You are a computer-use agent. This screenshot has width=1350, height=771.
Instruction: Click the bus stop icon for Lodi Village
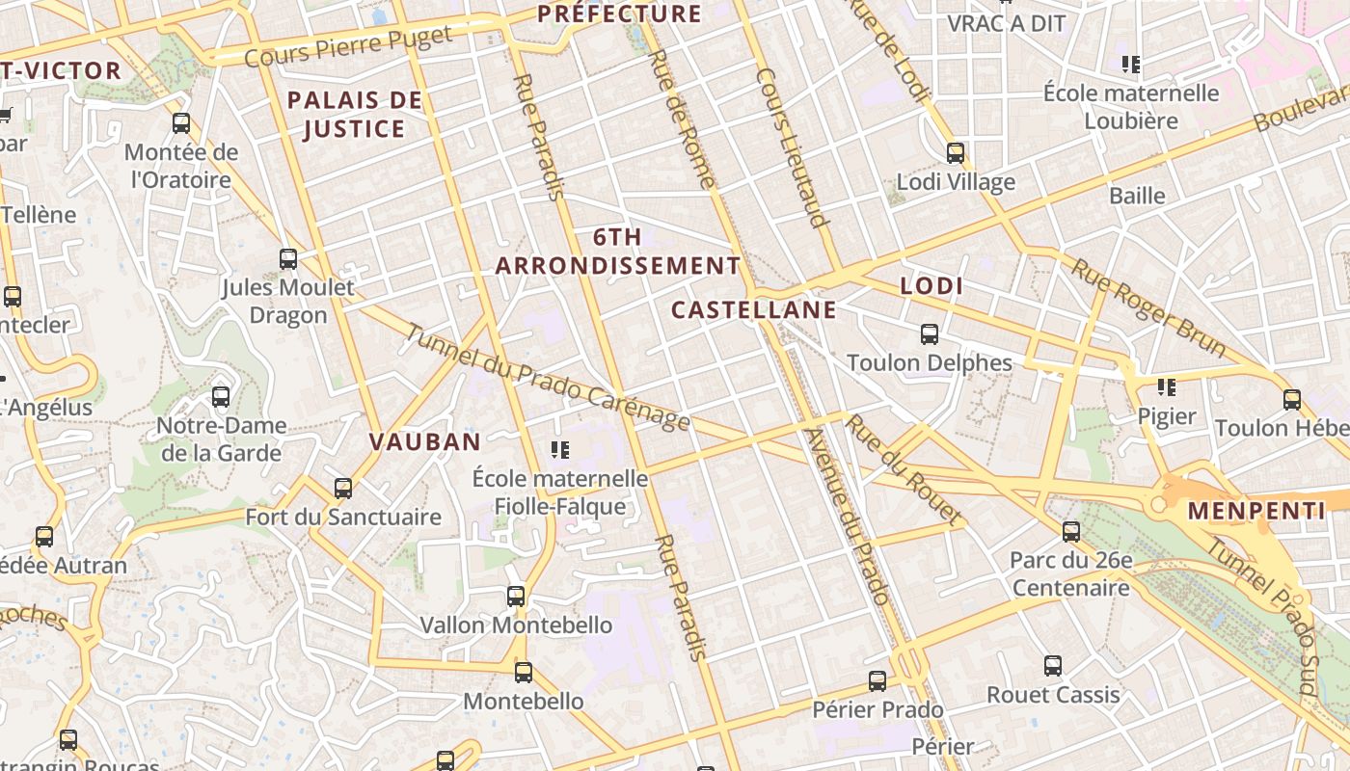[x=956, y=152]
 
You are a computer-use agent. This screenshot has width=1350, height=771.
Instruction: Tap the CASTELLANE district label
[x=753, y=309]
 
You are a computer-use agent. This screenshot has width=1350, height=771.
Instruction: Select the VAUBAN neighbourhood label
[x=424, y=441]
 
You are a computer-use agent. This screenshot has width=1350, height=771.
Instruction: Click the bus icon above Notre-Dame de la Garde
[x=221, y=396]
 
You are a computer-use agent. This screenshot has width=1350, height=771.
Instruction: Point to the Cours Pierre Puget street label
[x=348, y=47]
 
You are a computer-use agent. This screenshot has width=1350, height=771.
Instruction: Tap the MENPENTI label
[x=1255, y=511]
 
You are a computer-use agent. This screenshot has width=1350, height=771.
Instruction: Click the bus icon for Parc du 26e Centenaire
[x=1070, y=531]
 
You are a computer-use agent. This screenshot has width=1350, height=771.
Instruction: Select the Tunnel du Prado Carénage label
[x=547, y=377]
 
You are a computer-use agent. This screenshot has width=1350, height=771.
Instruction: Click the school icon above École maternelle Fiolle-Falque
[x=559, y=449]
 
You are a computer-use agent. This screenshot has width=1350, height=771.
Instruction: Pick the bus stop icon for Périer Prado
[x=877, y=681]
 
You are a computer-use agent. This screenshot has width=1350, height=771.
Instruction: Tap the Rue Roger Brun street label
[x=1147, y=307]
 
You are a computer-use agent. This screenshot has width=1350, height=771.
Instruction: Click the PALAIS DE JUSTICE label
[x=355, y=114]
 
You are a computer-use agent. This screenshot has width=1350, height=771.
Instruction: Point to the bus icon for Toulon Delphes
[x=930, y=334]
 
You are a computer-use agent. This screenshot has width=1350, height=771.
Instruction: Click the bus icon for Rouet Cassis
[x=1053, y=665]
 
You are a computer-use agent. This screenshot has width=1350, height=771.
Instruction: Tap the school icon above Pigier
[x=1167, y=387]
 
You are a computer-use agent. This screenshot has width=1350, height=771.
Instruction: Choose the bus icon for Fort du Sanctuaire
[x=343, y=488]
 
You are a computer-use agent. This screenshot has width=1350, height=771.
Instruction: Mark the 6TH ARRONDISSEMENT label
[x=618, y=251]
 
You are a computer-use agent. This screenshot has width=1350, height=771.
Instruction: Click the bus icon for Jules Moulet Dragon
[x=287, y=258]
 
